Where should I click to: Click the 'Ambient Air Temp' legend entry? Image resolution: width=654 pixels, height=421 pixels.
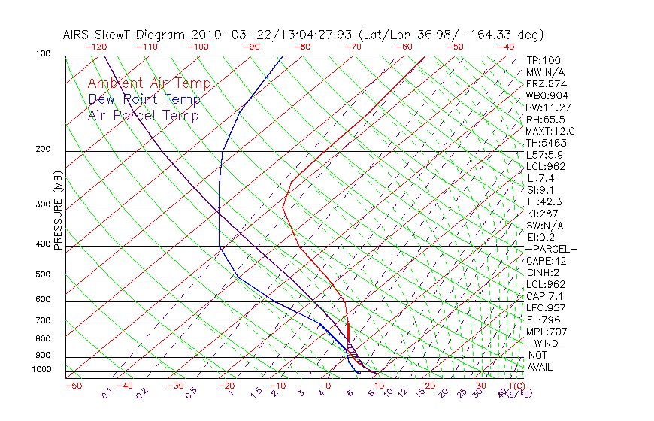pos(149,83)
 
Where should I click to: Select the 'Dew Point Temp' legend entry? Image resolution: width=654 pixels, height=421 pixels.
pos(144,99)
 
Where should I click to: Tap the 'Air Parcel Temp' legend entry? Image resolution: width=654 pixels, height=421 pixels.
pos(143,115)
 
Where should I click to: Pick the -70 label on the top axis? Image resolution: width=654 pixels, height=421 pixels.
pos(353,47)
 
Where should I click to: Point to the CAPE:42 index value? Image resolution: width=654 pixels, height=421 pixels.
pos(546,261)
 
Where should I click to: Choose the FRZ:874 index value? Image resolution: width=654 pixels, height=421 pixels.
pos(543,84)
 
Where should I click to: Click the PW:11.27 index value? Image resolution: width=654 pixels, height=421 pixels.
pos(546,108)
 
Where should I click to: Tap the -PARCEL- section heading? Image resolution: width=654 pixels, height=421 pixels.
pos(551,249)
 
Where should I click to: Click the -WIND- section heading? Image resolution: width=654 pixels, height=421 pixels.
pos(546,343)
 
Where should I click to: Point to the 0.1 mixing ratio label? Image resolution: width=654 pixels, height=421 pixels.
pos(107,393)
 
